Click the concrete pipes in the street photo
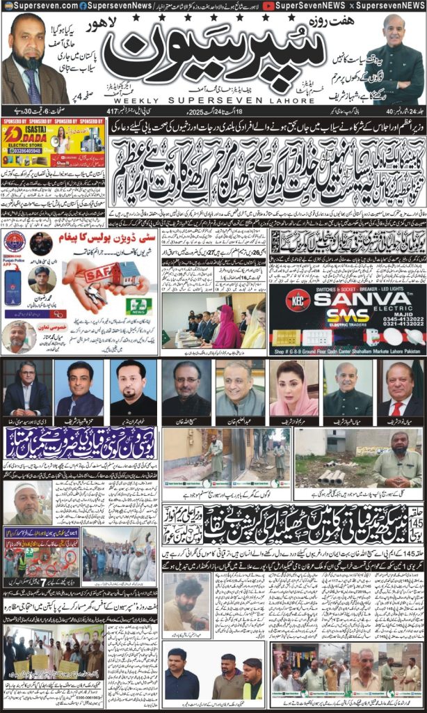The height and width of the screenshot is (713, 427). [330, 476]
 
